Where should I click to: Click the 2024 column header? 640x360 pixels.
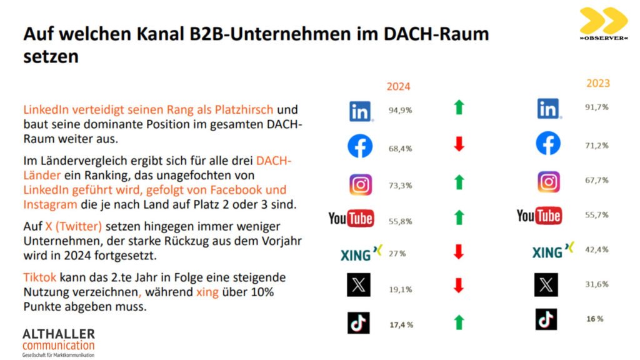(398, 86)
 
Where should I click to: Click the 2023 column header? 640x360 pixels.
(597, 83)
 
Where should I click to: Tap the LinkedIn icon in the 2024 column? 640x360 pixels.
(361, 111)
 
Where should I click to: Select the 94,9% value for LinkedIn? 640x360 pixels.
(401, 111)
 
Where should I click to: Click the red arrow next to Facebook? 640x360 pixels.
(459, 145)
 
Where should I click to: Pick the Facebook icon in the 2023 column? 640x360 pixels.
(548, 144)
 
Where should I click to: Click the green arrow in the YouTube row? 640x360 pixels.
(459, 217)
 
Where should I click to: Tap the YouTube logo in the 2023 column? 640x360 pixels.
(539, 216)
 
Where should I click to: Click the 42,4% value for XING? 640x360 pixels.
(597, 250)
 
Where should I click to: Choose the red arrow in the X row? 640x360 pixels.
(459, 286)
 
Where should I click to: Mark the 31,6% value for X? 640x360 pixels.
(597, 284)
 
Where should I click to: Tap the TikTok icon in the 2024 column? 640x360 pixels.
(359, 322)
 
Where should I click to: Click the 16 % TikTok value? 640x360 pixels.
(594, 319)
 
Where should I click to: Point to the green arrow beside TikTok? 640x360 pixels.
(459, 322)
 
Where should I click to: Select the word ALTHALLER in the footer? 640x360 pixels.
(58, 333)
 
